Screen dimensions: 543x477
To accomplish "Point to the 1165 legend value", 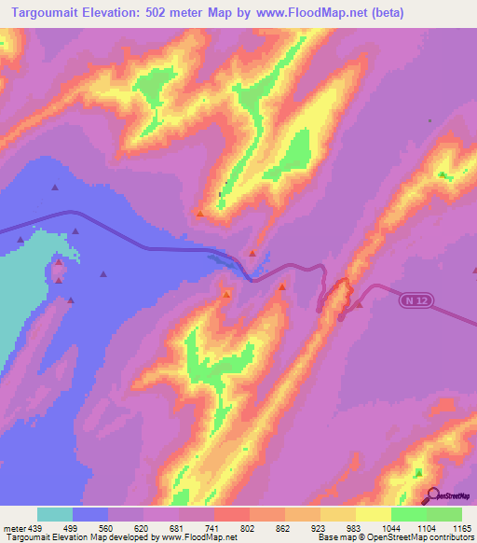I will coord(462,527).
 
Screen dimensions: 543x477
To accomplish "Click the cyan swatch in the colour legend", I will coord(55,514).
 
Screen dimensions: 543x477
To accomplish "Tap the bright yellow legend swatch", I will coord(373,514).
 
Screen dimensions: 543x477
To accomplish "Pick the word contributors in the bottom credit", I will coord(449,537).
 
